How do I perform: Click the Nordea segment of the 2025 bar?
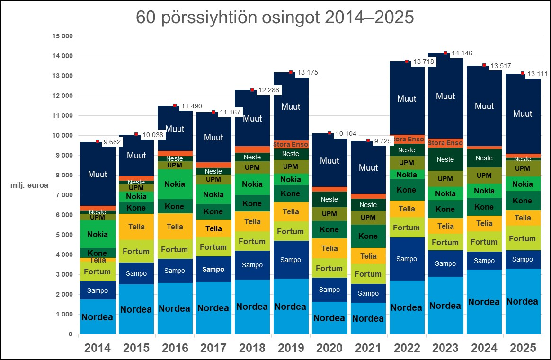click(523, 301)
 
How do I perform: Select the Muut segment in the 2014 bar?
click(97, 174)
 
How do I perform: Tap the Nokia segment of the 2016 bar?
click(174, 184)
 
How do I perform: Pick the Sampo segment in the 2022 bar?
click(407, 259)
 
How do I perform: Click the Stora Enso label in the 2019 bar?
click(291, 144)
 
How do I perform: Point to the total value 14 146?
click(461, 53)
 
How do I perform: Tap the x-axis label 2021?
click(368, 348)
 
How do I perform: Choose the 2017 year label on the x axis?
click(213, 348)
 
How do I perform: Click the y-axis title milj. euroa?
click(29, 185)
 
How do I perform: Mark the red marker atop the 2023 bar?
click(445, 53)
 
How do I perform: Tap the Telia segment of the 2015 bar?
click(136, 227)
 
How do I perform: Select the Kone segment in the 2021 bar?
click(368, 236)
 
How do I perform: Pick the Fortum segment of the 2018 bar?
click(252, 241)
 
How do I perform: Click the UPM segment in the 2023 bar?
click(445, 179)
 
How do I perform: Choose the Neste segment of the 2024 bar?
click(484, 158)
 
